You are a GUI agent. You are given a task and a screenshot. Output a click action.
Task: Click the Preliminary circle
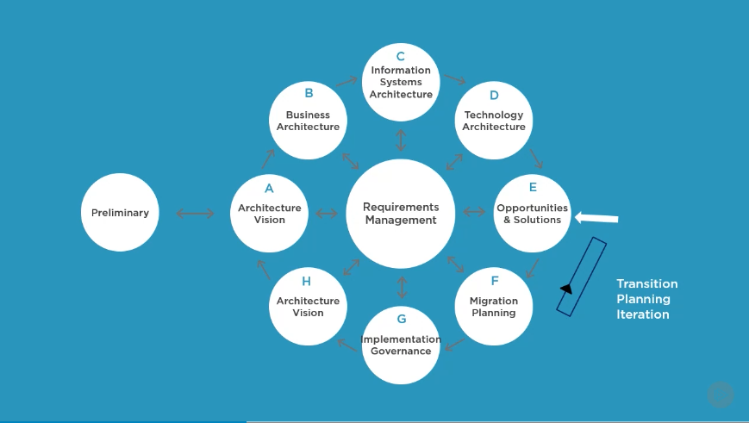121,213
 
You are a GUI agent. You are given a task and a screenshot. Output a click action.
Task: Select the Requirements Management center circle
401,213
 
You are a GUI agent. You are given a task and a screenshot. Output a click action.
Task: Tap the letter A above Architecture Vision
269,189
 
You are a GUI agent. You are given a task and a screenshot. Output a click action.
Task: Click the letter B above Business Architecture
309,93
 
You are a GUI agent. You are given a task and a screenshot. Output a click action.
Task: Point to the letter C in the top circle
401,57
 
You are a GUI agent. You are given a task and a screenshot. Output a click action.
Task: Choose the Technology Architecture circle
494,120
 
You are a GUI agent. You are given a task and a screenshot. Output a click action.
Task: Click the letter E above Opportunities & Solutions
533,187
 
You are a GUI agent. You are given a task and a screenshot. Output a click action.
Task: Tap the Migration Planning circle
494,306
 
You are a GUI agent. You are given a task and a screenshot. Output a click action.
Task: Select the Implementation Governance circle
401,345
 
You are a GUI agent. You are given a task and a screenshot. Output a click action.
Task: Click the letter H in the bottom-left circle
307,281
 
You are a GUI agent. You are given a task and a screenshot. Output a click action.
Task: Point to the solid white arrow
596,218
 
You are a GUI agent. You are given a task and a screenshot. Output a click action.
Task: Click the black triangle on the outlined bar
566,289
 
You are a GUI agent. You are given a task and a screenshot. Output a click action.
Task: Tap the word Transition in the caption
646,283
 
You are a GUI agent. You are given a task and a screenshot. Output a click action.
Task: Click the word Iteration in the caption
642,314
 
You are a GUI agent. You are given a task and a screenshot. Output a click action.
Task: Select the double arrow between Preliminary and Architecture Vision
195,213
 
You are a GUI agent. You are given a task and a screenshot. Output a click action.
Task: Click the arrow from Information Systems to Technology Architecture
454,79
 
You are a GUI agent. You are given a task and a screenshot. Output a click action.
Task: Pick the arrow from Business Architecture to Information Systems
346,82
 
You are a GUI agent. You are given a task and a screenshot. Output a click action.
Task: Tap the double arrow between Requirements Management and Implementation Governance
401,287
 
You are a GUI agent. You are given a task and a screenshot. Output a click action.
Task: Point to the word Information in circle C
401,71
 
